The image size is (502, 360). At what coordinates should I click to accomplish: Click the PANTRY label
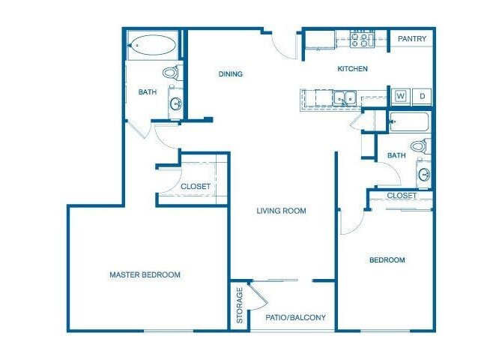click(x=413, y=39)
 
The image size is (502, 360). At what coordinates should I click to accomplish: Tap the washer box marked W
click(x=400, y=96)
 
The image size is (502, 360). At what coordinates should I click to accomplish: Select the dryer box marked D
click(x=422, y=96)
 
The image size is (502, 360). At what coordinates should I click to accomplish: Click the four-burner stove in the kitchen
click(x=363, y=39)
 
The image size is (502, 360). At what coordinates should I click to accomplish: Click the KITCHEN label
click(x=352, y=69)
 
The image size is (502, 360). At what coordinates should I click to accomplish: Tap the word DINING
click(x=231, y=73)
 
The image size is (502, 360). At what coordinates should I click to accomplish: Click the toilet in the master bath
click(x=172, y=73)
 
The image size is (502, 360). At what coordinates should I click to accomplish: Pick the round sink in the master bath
click(x=175, y=104)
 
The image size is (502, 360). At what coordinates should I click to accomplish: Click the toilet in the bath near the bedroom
click(x=421, y=145)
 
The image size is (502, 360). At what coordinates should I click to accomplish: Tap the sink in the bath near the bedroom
click(x=424, y=175)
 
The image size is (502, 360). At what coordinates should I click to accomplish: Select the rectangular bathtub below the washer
click(x=410, y=122)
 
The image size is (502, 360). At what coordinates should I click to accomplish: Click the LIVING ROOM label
click(x=282, y=211)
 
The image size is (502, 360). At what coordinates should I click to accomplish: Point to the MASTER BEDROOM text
click(x=145, y=275)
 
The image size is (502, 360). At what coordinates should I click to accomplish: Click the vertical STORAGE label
click(x=240, y=305)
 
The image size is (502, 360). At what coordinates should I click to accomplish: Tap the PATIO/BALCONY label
click(x=296, y=317)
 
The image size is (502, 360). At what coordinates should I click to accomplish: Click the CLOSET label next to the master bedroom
click(x=196, y=186)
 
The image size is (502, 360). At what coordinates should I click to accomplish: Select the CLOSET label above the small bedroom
click(x=402, y=196)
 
